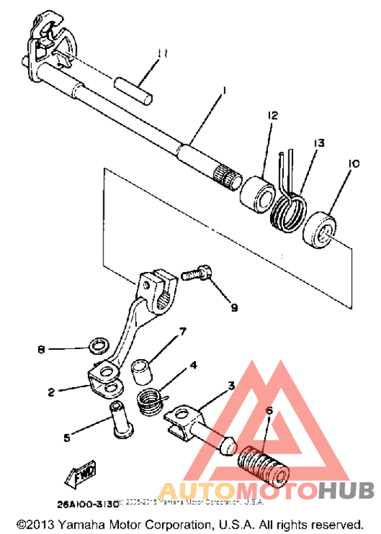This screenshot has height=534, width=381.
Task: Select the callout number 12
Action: point(272,116)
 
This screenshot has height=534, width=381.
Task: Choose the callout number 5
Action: point(67,438)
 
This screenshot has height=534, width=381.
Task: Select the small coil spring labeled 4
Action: point(151,401)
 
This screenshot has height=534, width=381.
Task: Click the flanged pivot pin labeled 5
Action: point(120,418)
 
